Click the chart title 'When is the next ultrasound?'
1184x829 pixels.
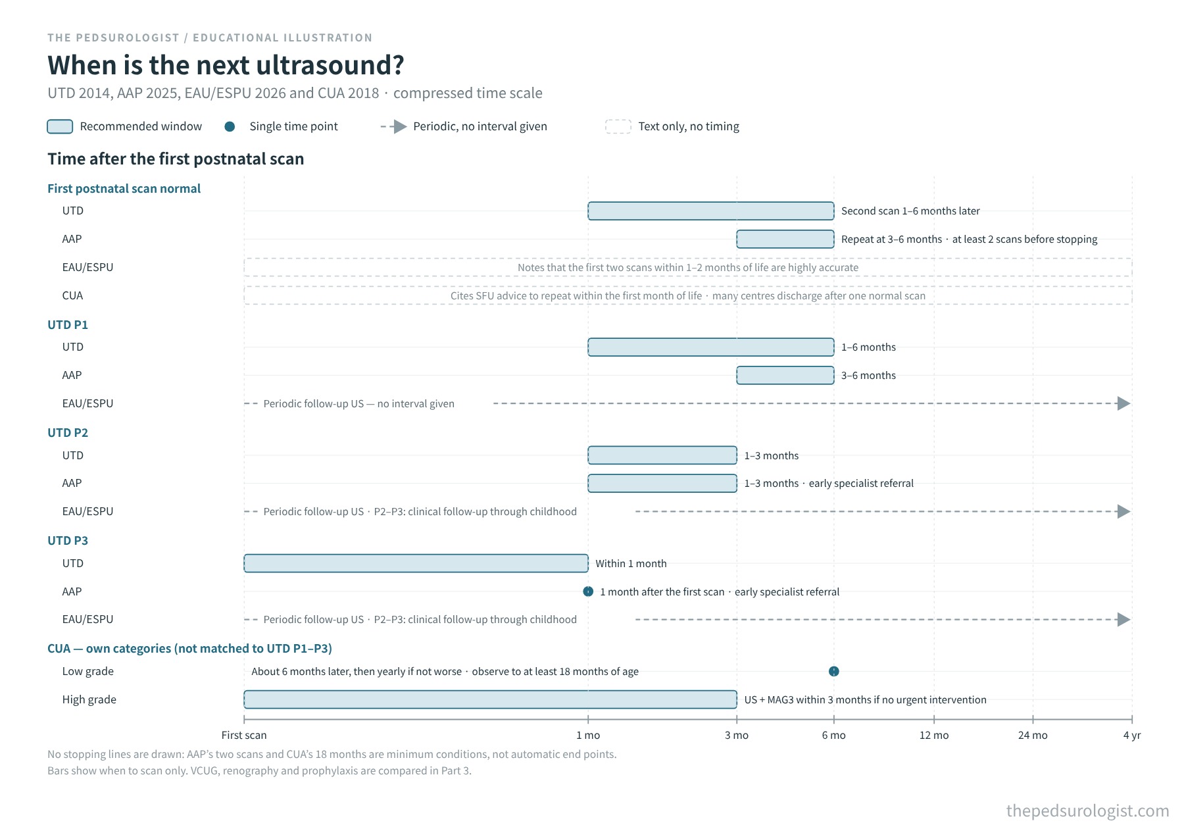point(226,65)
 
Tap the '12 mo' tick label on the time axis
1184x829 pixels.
point(934,736)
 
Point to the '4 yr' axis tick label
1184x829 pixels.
point(1132,736)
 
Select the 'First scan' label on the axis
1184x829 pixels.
point(244,736)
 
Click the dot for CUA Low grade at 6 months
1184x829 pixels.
point(834,671)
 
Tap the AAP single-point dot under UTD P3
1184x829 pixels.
point(588,591)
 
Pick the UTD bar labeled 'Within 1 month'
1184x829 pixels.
point(416,563)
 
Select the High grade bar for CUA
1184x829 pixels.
point(490,699)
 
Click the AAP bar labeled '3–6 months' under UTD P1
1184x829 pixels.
point(785,375)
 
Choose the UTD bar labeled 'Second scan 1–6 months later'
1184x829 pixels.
point(711,211)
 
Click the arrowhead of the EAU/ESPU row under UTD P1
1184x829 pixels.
point(1124,403)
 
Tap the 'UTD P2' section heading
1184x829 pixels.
point(68,432)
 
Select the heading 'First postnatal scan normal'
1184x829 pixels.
point(124,188)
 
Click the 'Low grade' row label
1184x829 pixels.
point(88,671)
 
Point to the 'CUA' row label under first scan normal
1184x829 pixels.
point(72,295)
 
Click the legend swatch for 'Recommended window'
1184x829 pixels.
point(60,126)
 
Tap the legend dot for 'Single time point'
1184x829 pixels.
point(230,126)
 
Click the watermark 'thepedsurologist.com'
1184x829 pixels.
point(1088,811)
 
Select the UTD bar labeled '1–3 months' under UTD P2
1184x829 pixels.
point(662,455)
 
